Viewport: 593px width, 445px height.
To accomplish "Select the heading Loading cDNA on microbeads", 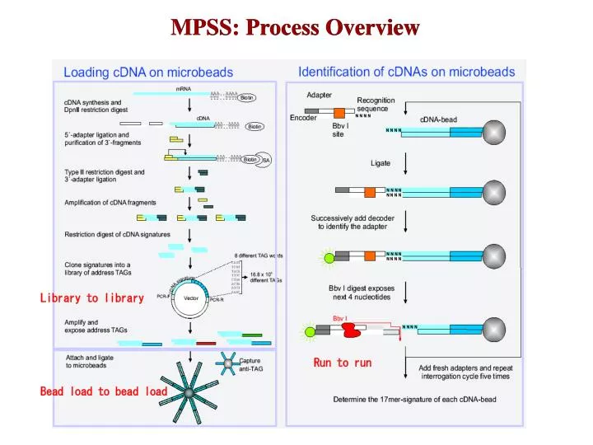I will (148, 73).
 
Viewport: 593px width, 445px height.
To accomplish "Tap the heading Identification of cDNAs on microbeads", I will (406, 72).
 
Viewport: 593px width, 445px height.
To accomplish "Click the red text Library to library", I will (91, 297).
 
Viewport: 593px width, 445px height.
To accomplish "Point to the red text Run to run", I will (342, 363).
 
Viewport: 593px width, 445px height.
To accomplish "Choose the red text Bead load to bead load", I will (104, 391).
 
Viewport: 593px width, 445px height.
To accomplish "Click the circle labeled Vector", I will (191, 297).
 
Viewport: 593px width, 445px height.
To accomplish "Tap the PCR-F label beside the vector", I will (163, 297).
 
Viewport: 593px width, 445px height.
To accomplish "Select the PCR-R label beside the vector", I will (217, 301).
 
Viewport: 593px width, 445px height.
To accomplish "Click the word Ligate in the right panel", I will (381, 163).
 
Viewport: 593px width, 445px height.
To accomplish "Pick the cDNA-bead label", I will (438, 119).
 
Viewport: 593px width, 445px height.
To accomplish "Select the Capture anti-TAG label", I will (251, 365).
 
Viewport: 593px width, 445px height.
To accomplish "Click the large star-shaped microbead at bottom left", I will (189, 394).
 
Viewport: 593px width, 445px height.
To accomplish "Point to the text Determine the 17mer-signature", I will (414, 400).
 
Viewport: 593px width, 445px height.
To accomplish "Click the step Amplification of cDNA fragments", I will (110, 203).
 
